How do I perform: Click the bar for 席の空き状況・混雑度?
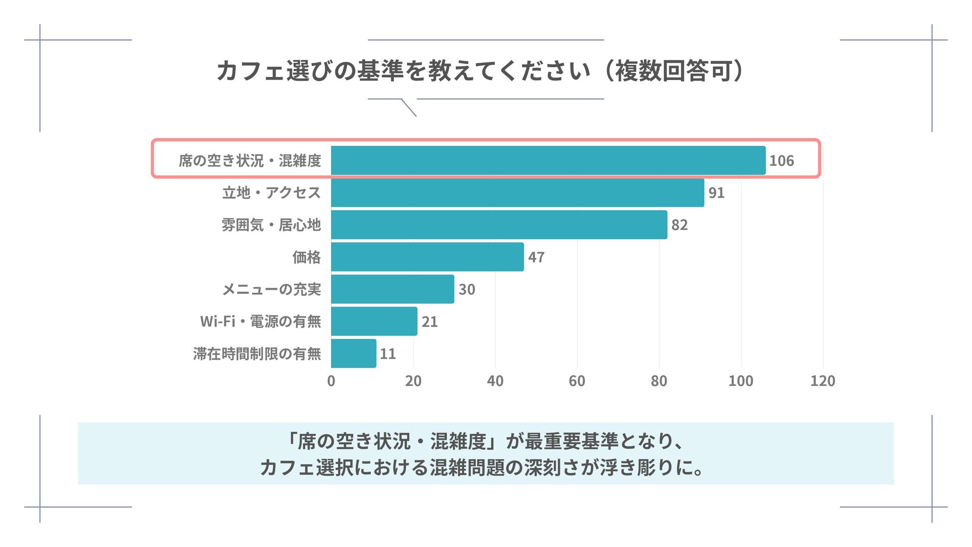click(x=548, y=161)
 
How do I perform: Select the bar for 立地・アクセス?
click(x=517, y=192)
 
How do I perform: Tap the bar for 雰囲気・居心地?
click(x=499, y=225)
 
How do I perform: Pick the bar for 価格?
click(x=427, y=257)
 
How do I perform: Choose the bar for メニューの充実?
click(x=392, y=289)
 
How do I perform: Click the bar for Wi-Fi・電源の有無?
click(x=374, y=321)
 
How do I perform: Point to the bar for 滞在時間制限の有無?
click(x=353, y=354)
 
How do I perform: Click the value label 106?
click(x=781, y=161)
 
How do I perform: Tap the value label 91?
click(x=716, y=193)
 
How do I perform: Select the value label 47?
click(x=536, y=257)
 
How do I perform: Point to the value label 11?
click(x=388, y=354)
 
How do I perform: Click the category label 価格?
click(x=306, y=257)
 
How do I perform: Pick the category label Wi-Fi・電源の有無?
click(x=260, y=322)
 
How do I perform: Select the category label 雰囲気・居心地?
click(x=271, y=225)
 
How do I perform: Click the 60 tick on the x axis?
click(x=577, y=381)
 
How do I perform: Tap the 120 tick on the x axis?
click(x=823, y=381)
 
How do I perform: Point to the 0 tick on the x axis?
click(x=331, y=381)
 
